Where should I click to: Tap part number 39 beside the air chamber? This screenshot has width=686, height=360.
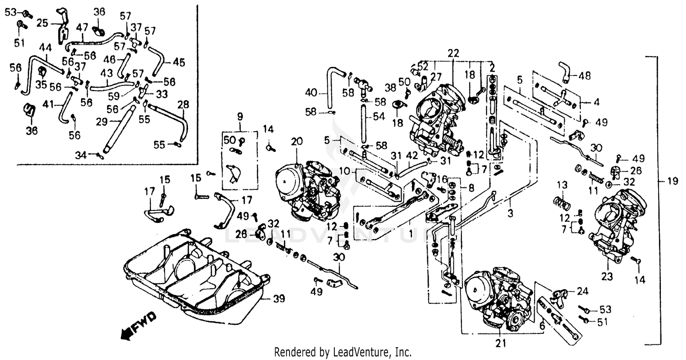pos(279,299)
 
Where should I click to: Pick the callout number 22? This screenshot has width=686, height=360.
pos(453,54)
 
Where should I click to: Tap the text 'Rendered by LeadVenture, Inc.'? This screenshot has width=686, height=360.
pos(343,352)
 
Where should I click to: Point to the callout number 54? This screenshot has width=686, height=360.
pos(378,117)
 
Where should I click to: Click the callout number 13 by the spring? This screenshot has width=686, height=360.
pos(562,185)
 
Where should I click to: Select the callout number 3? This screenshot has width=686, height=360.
pos(510,213)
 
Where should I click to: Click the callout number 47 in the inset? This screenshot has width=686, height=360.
pos(82,28)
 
